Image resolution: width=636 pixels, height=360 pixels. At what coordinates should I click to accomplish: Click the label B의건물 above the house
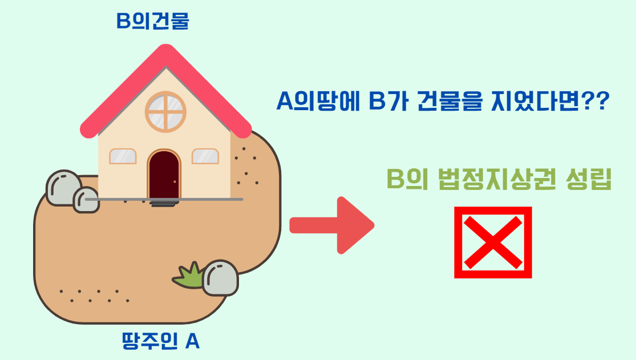(152, 22)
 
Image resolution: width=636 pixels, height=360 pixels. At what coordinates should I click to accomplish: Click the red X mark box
(493, 242)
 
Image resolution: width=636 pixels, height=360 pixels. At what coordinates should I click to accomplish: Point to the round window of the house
(165, 111)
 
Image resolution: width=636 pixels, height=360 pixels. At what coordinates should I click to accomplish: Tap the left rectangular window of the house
(123, 156)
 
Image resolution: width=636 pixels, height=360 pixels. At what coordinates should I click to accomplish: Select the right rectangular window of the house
(205, 156)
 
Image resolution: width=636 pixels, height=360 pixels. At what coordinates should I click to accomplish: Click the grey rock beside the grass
(220, 278)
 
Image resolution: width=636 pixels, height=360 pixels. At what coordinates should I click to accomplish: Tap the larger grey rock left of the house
(62, 187)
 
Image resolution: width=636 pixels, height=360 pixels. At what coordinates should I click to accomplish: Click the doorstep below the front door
(164, 203)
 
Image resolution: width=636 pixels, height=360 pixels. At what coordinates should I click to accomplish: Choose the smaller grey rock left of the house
(86, 200)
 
